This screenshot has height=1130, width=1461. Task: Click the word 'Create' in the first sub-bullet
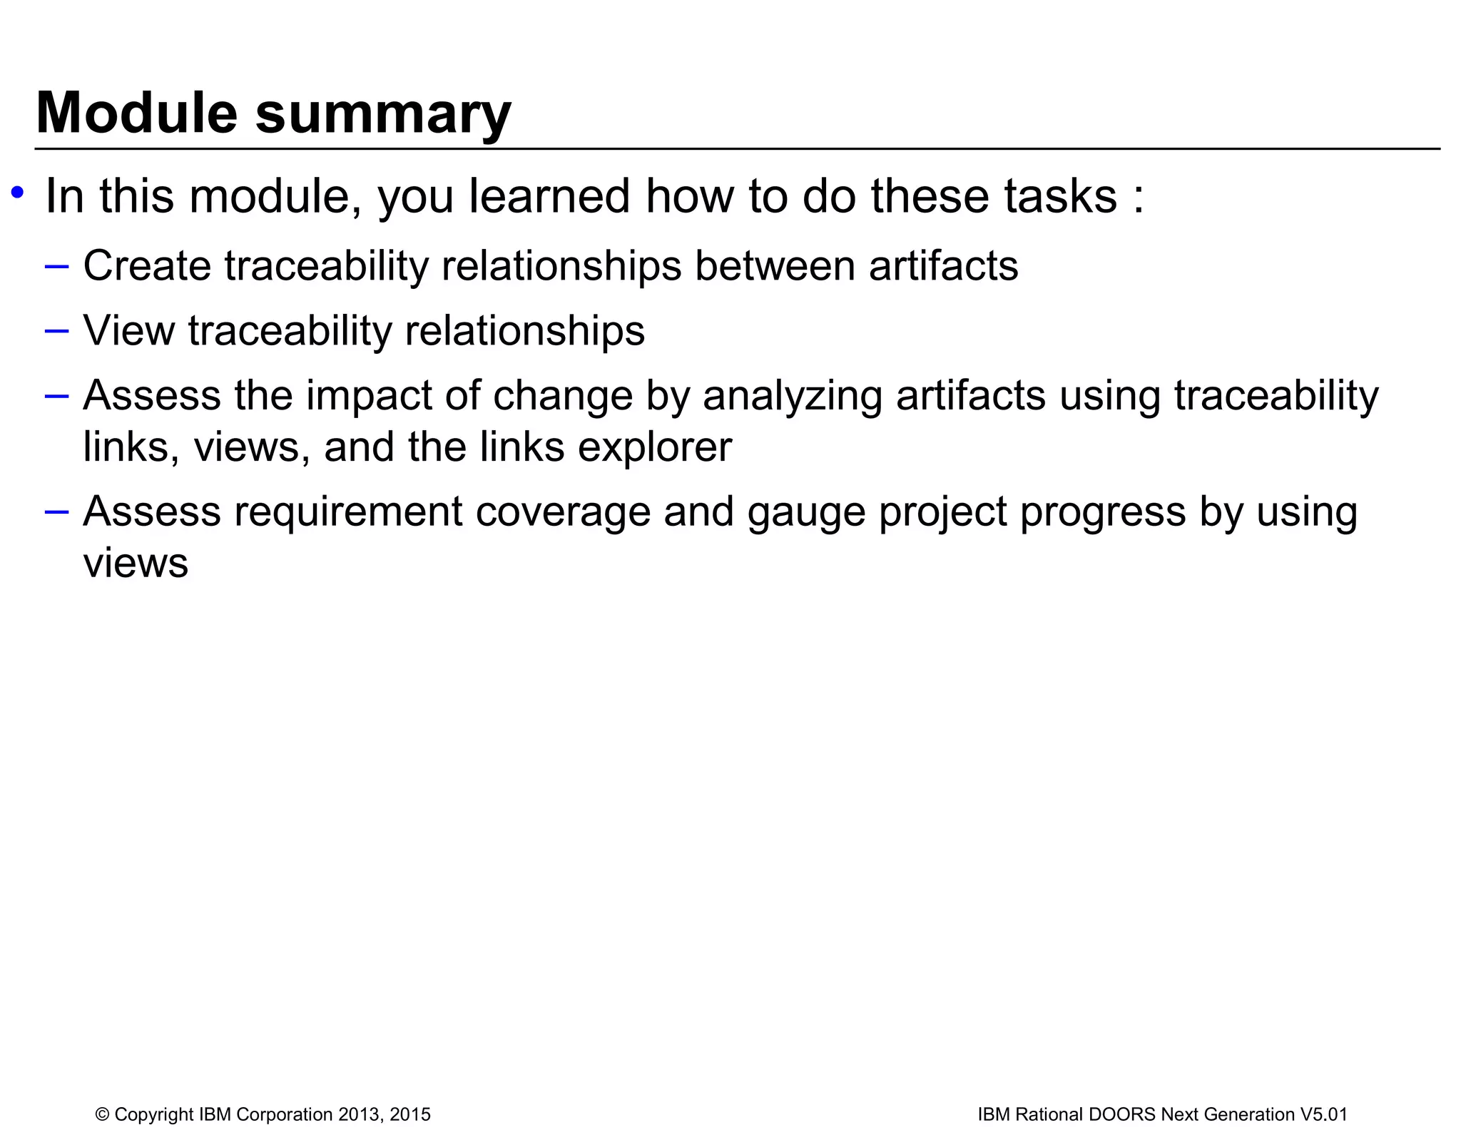click(147, 265)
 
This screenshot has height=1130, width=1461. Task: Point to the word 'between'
click(775, 265)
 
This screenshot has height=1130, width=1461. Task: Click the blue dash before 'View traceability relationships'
click(56, 331)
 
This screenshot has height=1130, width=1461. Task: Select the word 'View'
click(128, 330)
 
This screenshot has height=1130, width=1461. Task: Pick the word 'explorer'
click(654, 448)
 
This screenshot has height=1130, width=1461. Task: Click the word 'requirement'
click(348, 512)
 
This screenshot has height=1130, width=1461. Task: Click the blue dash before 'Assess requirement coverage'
click(56, 511)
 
